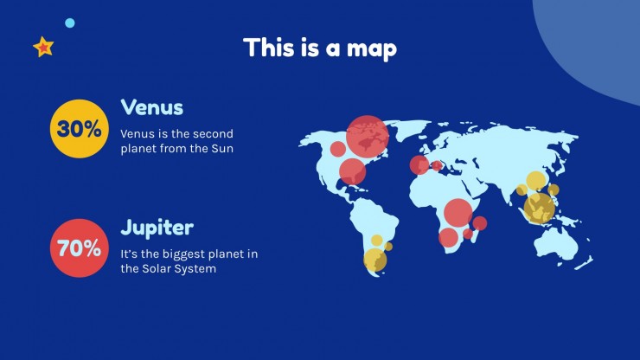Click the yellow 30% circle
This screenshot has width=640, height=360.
pyautogui.click(x=80, y=129)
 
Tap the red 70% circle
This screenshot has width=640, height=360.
pyautogui.click(x=80, y=248)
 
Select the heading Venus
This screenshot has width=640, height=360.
pyautogui.click(x=152, y=107)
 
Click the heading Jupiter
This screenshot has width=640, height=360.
pyautogui.click(x=157, y=228)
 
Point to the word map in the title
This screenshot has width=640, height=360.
pyautogui.click(x=372, y=48)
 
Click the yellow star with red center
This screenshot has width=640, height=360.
pyautogui.click(x=43, y=47)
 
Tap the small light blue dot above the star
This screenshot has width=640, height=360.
pyautogui.click(x=70, y=22)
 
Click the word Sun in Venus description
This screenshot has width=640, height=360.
pyautogui.click(x=222, y=148)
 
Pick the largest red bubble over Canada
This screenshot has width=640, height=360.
pyautogui.click(x=368, y=137)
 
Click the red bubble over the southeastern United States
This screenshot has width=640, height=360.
pyautogui.click(x=352, y=171)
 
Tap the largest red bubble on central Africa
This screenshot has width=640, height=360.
pyautogui.click(x=458, y=213)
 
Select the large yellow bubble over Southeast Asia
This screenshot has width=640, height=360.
pyautogui.click(x=539, y=209)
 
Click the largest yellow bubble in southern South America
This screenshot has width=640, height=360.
pyautogui.click(x=375, y=260)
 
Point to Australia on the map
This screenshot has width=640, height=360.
pyautogui.click(x=556, y=244)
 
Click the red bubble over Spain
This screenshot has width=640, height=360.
pyautogui.click(x=419, y=165)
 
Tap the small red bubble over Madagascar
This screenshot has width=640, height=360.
pyautogui.click(x=480, y=223)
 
